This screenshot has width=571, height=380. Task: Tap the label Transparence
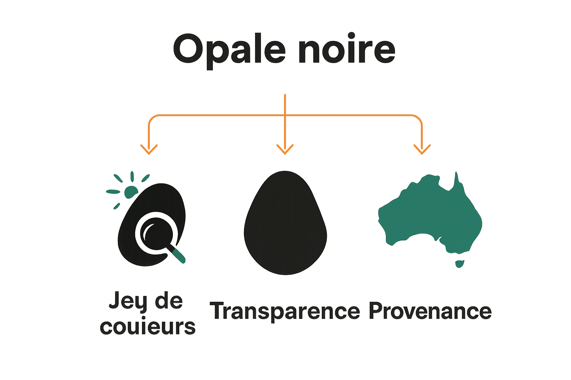point(285,311)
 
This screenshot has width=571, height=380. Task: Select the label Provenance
point(430,311)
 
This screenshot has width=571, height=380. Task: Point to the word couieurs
point(148,327)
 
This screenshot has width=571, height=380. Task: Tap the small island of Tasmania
point(460,264)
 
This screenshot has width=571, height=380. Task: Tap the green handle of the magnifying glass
point(179,256)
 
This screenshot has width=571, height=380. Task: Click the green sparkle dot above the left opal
point(130,192)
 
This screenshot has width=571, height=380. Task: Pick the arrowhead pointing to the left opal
point(149,150)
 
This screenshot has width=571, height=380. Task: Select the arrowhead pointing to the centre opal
point(285,150)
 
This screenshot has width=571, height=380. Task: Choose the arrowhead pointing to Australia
point(422,150)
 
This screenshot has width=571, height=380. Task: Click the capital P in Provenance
point(376,311)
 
